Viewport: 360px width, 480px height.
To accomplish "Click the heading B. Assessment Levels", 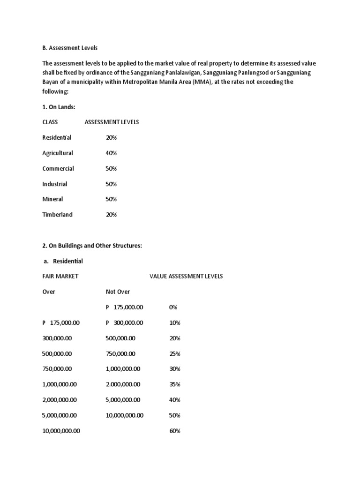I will (69, 48).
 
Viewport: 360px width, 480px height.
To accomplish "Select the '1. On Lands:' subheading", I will (59, 107).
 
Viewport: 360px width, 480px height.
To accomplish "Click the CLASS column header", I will (50, 122).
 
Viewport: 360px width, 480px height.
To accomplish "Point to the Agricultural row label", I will (58, 153).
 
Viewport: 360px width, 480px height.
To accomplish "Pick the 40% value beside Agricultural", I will (111, 153).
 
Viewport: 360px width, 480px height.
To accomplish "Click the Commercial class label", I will (58, 169).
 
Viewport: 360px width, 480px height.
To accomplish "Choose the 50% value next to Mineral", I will (111, 199).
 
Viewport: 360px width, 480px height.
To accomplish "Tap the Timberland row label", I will (57, 215).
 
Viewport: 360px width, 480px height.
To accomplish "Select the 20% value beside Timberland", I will (111, 215).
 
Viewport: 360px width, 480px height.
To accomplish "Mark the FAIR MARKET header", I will (60, 277).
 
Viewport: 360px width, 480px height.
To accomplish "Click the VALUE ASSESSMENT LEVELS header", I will (186, 277).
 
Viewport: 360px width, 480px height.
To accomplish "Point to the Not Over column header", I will (118, 292).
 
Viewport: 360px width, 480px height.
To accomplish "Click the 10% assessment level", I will (174, 323).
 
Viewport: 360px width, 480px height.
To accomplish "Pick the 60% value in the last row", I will (175, 431).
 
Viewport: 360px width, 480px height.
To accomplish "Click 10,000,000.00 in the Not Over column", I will (125, 416).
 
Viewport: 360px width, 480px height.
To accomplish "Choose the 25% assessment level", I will (175, 354).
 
